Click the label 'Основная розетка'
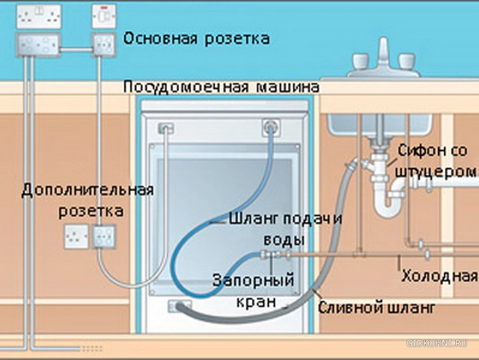click(197, 39)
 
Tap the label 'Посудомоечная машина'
click(222, 87)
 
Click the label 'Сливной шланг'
click(376, 308)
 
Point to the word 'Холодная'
click(440, 276)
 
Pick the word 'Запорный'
click(253, 280)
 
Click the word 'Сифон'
click(421, 151)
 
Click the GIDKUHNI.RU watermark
click(437, 343)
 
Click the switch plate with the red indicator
click(104, 16)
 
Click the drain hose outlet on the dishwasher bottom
click(179, 306)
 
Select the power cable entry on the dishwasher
click(166, 128)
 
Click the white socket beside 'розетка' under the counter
click(76, 237)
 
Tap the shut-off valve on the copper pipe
click(272, 254)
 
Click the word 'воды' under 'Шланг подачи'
click(284, 240)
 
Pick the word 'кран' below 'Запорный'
click(256, 302)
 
